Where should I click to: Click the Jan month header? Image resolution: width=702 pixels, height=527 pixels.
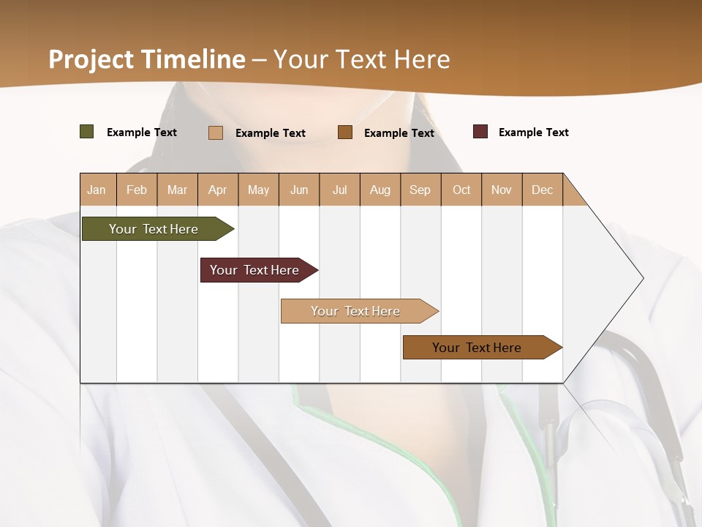97,190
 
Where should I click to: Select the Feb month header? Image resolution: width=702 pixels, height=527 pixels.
137,190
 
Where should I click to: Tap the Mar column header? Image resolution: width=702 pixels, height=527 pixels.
177,190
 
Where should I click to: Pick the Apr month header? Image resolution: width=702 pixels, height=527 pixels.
218,190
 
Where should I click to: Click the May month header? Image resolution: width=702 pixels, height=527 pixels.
258,190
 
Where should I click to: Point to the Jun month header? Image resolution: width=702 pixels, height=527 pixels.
299,190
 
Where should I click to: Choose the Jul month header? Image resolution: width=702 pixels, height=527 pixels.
339,190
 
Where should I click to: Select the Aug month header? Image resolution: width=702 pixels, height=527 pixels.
380,190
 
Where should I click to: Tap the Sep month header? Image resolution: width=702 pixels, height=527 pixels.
420,190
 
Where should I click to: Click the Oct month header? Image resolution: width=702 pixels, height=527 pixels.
461,190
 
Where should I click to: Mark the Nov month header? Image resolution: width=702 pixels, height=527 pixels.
502,190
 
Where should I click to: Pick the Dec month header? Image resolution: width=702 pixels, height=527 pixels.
543,190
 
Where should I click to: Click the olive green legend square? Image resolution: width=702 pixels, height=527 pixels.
86,132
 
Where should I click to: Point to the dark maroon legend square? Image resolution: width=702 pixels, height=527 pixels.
480,132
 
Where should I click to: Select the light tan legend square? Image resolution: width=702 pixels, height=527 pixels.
216,132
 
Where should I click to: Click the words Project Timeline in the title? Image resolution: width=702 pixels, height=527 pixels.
146,59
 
